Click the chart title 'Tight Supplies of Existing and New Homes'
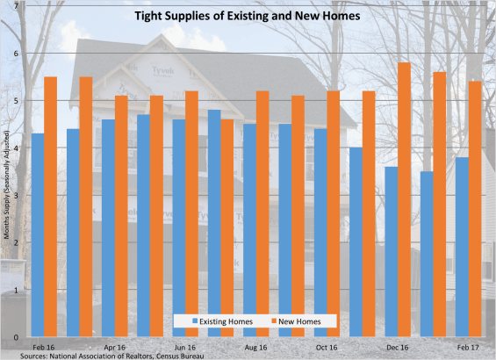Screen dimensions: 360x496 (248, 16)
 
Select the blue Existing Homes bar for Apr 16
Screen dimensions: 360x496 (108, 227)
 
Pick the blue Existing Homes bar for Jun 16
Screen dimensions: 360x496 (178, 227)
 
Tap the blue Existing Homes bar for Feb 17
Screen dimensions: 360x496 (462, 246)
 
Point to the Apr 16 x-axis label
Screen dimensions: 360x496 (115, 347)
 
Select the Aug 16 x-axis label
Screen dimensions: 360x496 (256, 347)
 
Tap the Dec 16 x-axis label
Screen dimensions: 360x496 (397, 347)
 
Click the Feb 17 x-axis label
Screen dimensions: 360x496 (468, 347)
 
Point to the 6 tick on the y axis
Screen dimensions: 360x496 (16, 54)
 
